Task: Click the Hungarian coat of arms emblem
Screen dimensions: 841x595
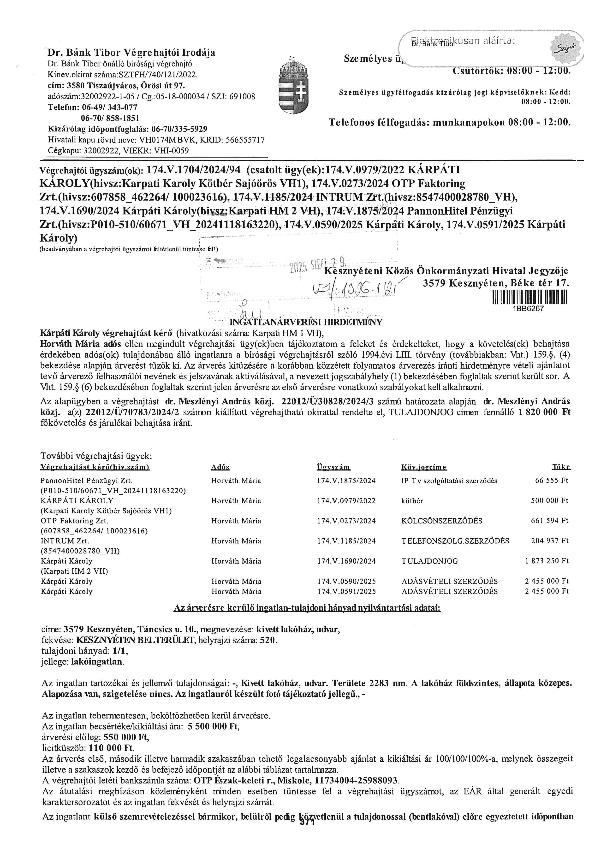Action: (x=294, y=87)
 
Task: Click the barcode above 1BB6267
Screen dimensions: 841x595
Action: (x=530, y=297)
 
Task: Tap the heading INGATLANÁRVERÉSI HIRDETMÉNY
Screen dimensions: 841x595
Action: (x=306, y=322)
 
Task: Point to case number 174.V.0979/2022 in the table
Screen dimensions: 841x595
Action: (x=346, y=500)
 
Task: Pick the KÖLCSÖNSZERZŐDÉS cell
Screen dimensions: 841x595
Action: (x=441, y=520)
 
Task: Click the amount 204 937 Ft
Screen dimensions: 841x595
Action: (x=550, y=541)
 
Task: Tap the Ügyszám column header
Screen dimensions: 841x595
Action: (x=333, y=467)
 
